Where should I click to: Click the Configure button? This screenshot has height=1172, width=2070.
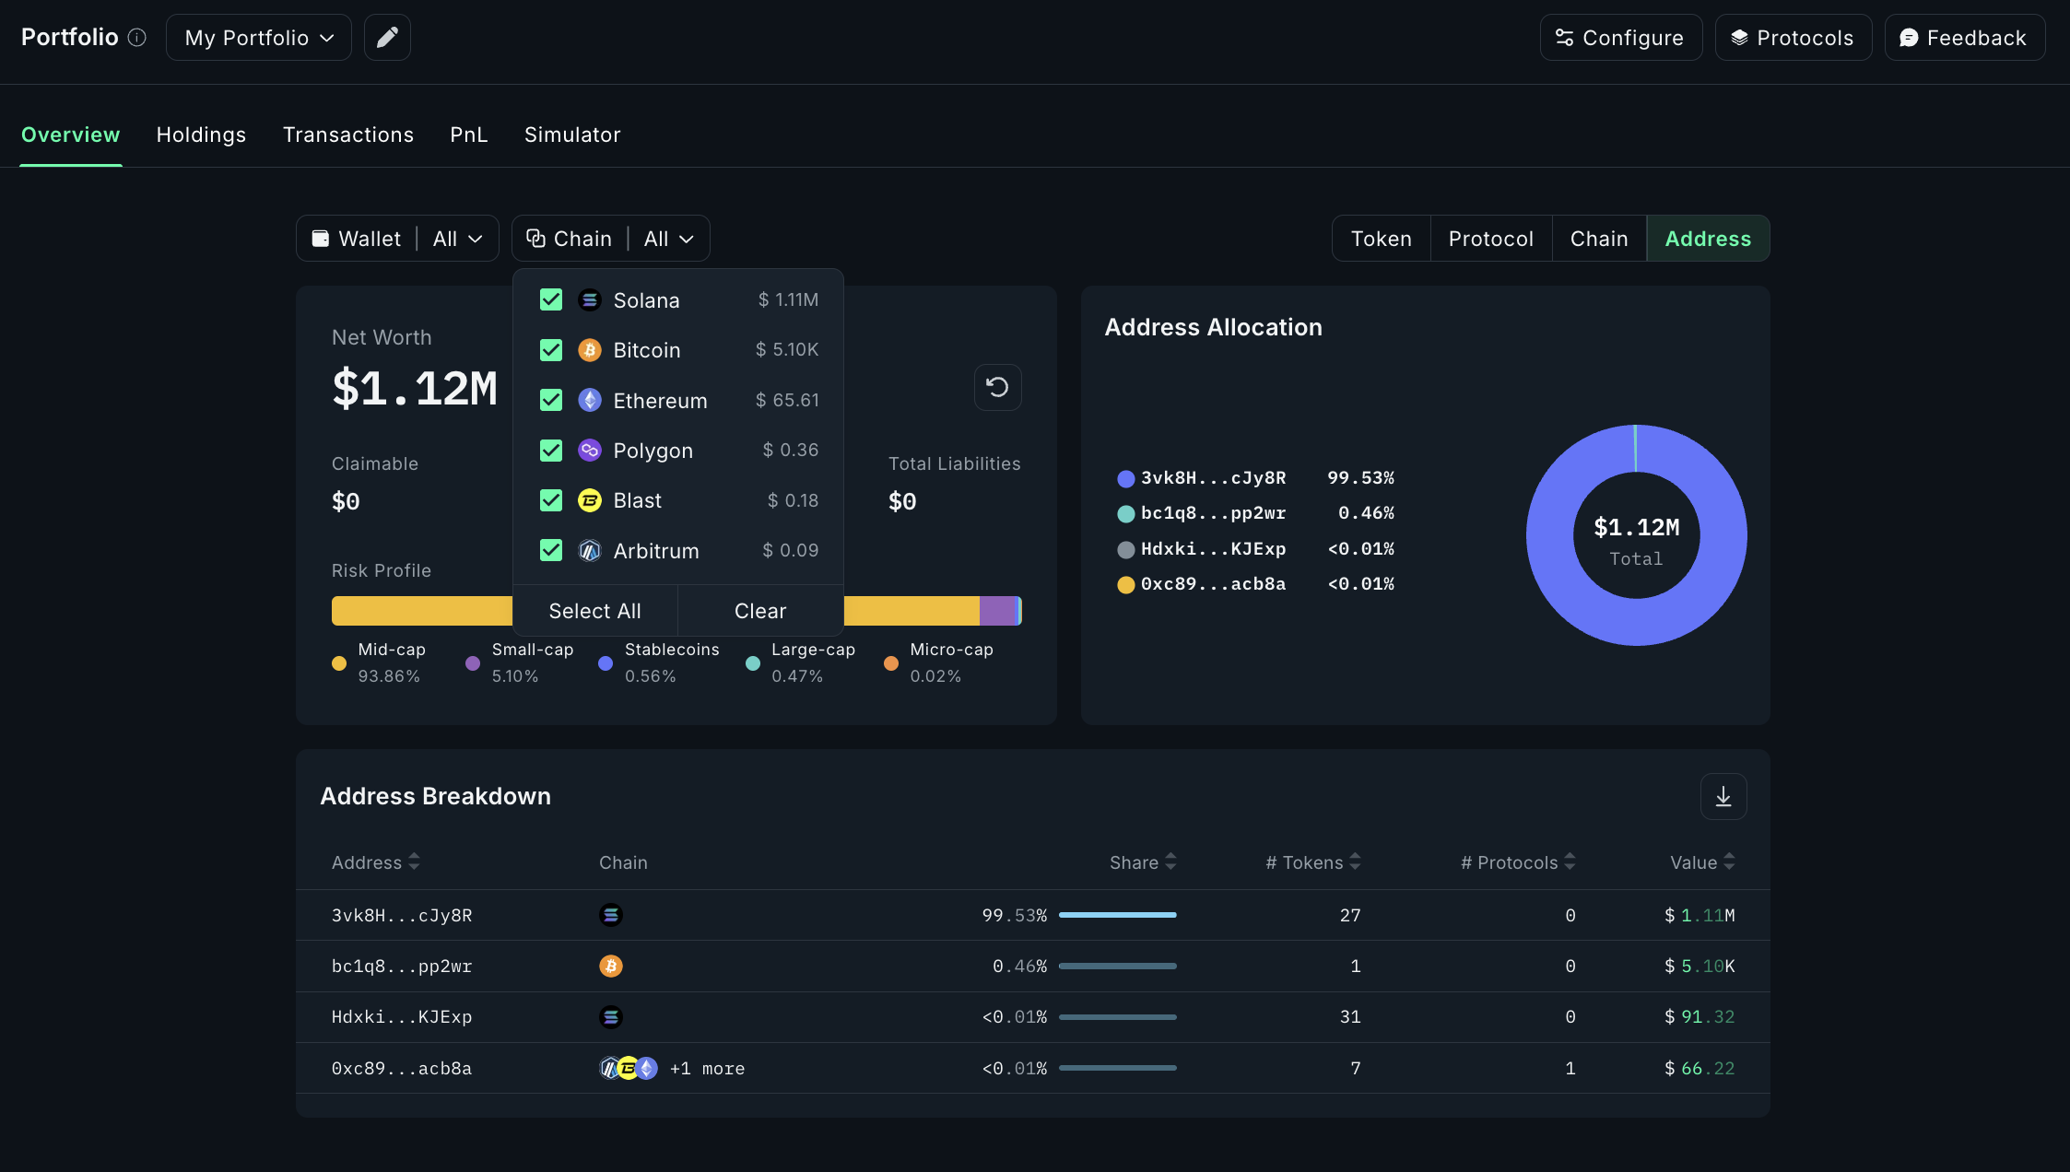[x=1620, y=38]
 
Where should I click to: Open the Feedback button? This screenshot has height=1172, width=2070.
[x=1964, y=38]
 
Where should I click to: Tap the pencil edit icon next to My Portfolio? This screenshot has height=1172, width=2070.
[x=387, y=38]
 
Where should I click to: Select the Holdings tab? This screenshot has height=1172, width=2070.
[x=201, y=135]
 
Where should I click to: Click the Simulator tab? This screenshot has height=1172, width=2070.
[x=572, y=135]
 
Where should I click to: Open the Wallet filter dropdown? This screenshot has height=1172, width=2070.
[x=397, y=239]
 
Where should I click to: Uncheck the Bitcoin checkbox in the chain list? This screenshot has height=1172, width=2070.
[x=551, y=350]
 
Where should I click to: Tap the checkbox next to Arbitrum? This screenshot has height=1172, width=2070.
[x=551, y=550]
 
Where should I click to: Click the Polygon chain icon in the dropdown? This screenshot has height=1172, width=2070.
[x=590, y=451]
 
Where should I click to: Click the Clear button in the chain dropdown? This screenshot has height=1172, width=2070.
[x=760, y=611]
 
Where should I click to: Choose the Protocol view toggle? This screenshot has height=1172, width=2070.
[x=1490, y=239]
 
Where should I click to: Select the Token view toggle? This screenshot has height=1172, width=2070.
[x=1381, y=239]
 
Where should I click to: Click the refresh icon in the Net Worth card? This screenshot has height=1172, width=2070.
[x=997, y=387]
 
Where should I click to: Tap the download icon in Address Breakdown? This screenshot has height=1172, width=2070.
[x=1723, y=796]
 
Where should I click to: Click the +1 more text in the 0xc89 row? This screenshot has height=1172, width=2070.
[x=707, y=1069]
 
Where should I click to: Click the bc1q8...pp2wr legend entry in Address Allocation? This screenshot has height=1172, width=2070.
[x=1212, y=513]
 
